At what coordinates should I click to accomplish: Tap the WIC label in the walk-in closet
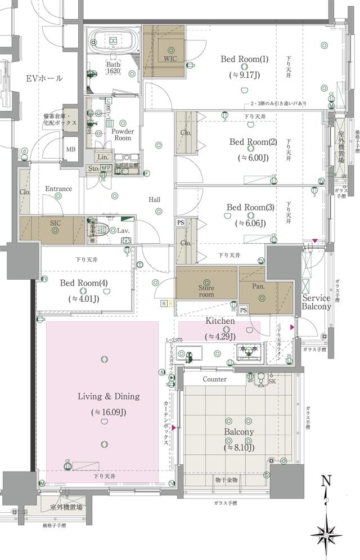pyautogui.click(x=170, y=59)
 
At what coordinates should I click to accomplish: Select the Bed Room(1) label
pyautogui.click(x=244, y=59)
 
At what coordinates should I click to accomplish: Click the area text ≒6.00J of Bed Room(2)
pyautogui.click(x=253, y=157)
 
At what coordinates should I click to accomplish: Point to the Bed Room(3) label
pyautogui.click(x=250, y=208)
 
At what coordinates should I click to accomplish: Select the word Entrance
pyautogui.click(x=58, y=189)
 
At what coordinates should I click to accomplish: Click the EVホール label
pyautogui.click(x=44, y=78)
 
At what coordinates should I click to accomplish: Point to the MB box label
pyautogui.click(x=71, y=149)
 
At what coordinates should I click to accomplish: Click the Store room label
pyautogui.click(x=206, y=290)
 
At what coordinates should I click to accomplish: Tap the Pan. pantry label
pyautogui.click(x=258, y=286)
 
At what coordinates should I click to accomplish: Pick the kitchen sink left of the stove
pyautogui.click(x=191, y=354)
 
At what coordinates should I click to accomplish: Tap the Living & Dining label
pyautogui.click(x=109, y=396)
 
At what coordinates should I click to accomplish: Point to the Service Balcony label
pyautogui.click(x=316, y=302)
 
